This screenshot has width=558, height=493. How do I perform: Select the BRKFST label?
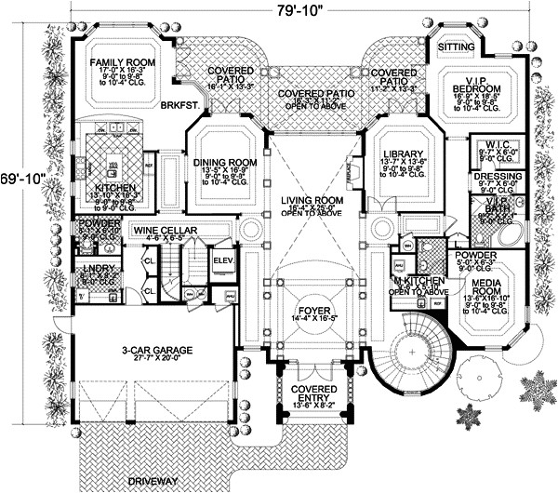pos(177,106)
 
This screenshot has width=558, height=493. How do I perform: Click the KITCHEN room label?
pos(114,187)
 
